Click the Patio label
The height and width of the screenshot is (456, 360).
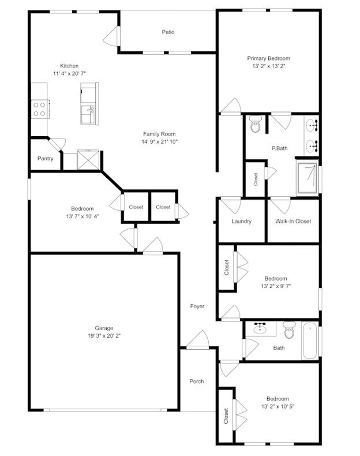(168, 32)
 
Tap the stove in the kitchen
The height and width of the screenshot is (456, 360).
(40, 109)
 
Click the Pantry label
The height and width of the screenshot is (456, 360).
(46, 158)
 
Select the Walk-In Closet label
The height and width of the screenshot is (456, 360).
(292, 221)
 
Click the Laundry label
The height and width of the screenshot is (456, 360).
(241, 221)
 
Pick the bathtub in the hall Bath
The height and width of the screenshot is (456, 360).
(310, 341)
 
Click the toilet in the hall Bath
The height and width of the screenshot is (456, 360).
(290, 331)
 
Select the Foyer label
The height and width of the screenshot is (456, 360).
(197, 307)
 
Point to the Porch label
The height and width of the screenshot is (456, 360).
(197, 381)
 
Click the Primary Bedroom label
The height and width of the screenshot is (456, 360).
(268, 58)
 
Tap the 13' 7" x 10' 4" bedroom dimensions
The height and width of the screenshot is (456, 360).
(82, 216)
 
